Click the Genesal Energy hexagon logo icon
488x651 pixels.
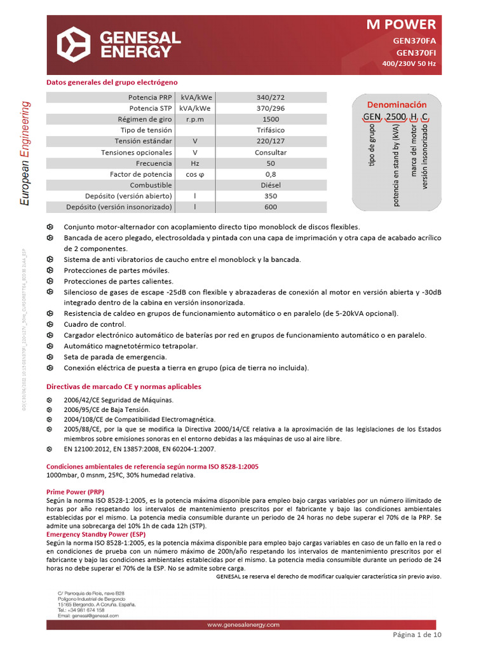click(74, 45)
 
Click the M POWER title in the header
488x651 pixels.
click(402, 25)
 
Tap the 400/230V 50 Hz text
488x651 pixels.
click(409, 64)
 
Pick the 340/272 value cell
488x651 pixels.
click(271, 97)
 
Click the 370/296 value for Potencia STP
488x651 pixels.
click(271, 108)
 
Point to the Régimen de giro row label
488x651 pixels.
click(144, 120)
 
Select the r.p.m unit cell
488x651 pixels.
click(195, 120)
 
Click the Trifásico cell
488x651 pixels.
click(271, 130)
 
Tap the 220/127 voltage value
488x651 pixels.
click(271, 141)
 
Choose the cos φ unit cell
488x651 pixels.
click(195, 174)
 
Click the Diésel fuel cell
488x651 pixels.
click(271, 185)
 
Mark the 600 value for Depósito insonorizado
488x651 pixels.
click(271, 207)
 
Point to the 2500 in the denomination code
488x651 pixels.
click(395, 117)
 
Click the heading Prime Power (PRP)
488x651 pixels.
click(76, 492)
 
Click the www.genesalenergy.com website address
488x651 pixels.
click(243, 625)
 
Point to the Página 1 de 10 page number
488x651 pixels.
click(417, 635)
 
